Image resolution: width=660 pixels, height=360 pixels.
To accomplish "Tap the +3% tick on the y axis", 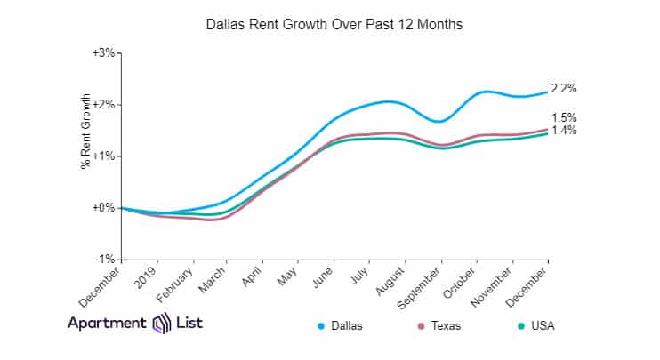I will [104, 53].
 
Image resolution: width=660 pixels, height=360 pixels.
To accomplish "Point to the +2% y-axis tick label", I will [104, 105].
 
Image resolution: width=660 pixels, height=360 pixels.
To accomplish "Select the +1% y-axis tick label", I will [104, 156].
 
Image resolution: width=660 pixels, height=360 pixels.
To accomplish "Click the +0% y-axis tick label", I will [104, 208].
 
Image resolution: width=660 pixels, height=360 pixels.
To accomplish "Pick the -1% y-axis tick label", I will [105, 260].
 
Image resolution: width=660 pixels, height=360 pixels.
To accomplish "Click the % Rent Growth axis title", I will [86, 131].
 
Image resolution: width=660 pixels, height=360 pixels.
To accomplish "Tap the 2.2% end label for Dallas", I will [565, 89].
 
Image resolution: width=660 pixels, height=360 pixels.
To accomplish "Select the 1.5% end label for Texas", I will [565, 117].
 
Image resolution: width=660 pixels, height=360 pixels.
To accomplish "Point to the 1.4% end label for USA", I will [565, 131].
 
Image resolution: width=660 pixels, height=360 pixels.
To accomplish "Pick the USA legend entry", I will [540, 326].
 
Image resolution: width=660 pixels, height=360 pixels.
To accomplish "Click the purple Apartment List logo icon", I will [162, 323].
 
